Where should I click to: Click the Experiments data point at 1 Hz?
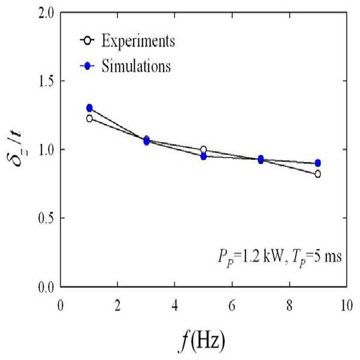[89, 119]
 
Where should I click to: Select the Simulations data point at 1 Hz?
[89, 108]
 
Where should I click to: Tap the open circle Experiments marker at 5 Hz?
[204, 150]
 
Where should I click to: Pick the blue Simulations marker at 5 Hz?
[204, 156]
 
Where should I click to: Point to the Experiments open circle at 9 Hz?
[317, 174]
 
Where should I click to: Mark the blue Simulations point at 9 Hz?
[317, 163]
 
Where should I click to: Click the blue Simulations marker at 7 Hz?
[261, 159]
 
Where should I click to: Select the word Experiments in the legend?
[138, 41]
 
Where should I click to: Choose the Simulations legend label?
[136, 66]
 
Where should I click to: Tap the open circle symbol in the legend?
[87, 41]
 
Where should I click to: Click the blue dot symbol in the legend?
[87, 66]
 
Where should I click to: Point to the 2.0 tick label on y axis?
[46, 14]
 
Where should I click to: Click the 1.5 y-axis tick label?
[46, 81]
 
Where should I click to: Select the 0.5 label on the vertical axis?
[46, 219]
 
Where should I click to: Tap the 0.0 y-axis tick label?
[46, 288]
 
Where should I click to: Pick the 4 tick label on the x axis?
[175, 306]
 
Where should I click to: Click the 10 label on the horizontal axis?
[346, 306]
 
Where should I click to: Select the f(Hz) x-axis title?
[202, 341]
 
